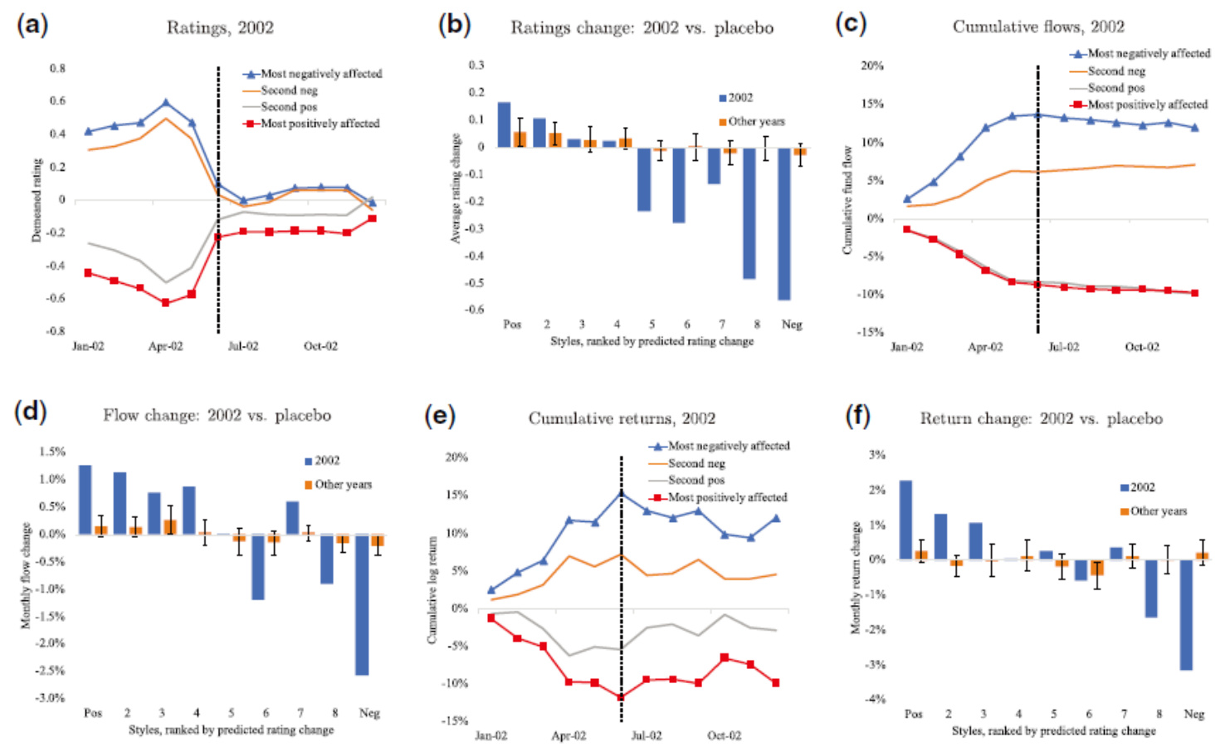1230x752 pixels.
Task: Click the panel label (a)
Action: tap(32, 25)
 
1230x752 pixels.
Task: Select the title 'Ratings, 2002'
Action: tap(220, 27)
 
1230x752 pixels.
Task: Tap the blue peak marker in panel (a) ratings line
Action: tap(166, 103)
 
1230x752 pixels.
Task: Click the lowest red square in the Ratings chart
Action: tap(166, 303)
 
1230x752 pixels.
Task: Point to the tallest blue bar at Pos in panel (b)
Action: tap(504, 125)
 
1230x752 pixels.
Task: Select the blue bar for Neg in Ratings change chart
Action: tap(783, 223)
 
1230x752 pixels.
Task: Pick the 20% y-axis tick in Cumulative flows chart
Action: tap(871, 66)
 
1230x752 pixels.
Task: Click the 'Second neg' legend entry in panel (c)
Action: tap(1116, 71)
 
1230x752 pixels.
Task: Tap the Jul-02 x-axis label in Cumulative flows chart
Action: tap(1063, 347)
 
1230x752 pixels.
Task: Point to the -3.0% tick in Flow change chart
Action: tap(50, 698)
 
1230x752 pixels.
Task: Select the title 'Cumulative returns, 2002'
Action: tap(622, 418)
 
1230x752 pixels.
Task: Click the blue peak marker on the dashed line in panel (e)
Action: tap(622, 494)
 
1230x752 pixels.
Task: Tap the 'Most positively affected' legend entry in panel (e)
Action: tap(727, 497)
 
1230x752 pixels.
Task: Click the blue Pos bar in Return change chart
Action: tap(905, 520)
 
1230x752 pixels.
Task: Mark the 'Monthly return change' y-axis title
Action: tap(856, 578)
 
